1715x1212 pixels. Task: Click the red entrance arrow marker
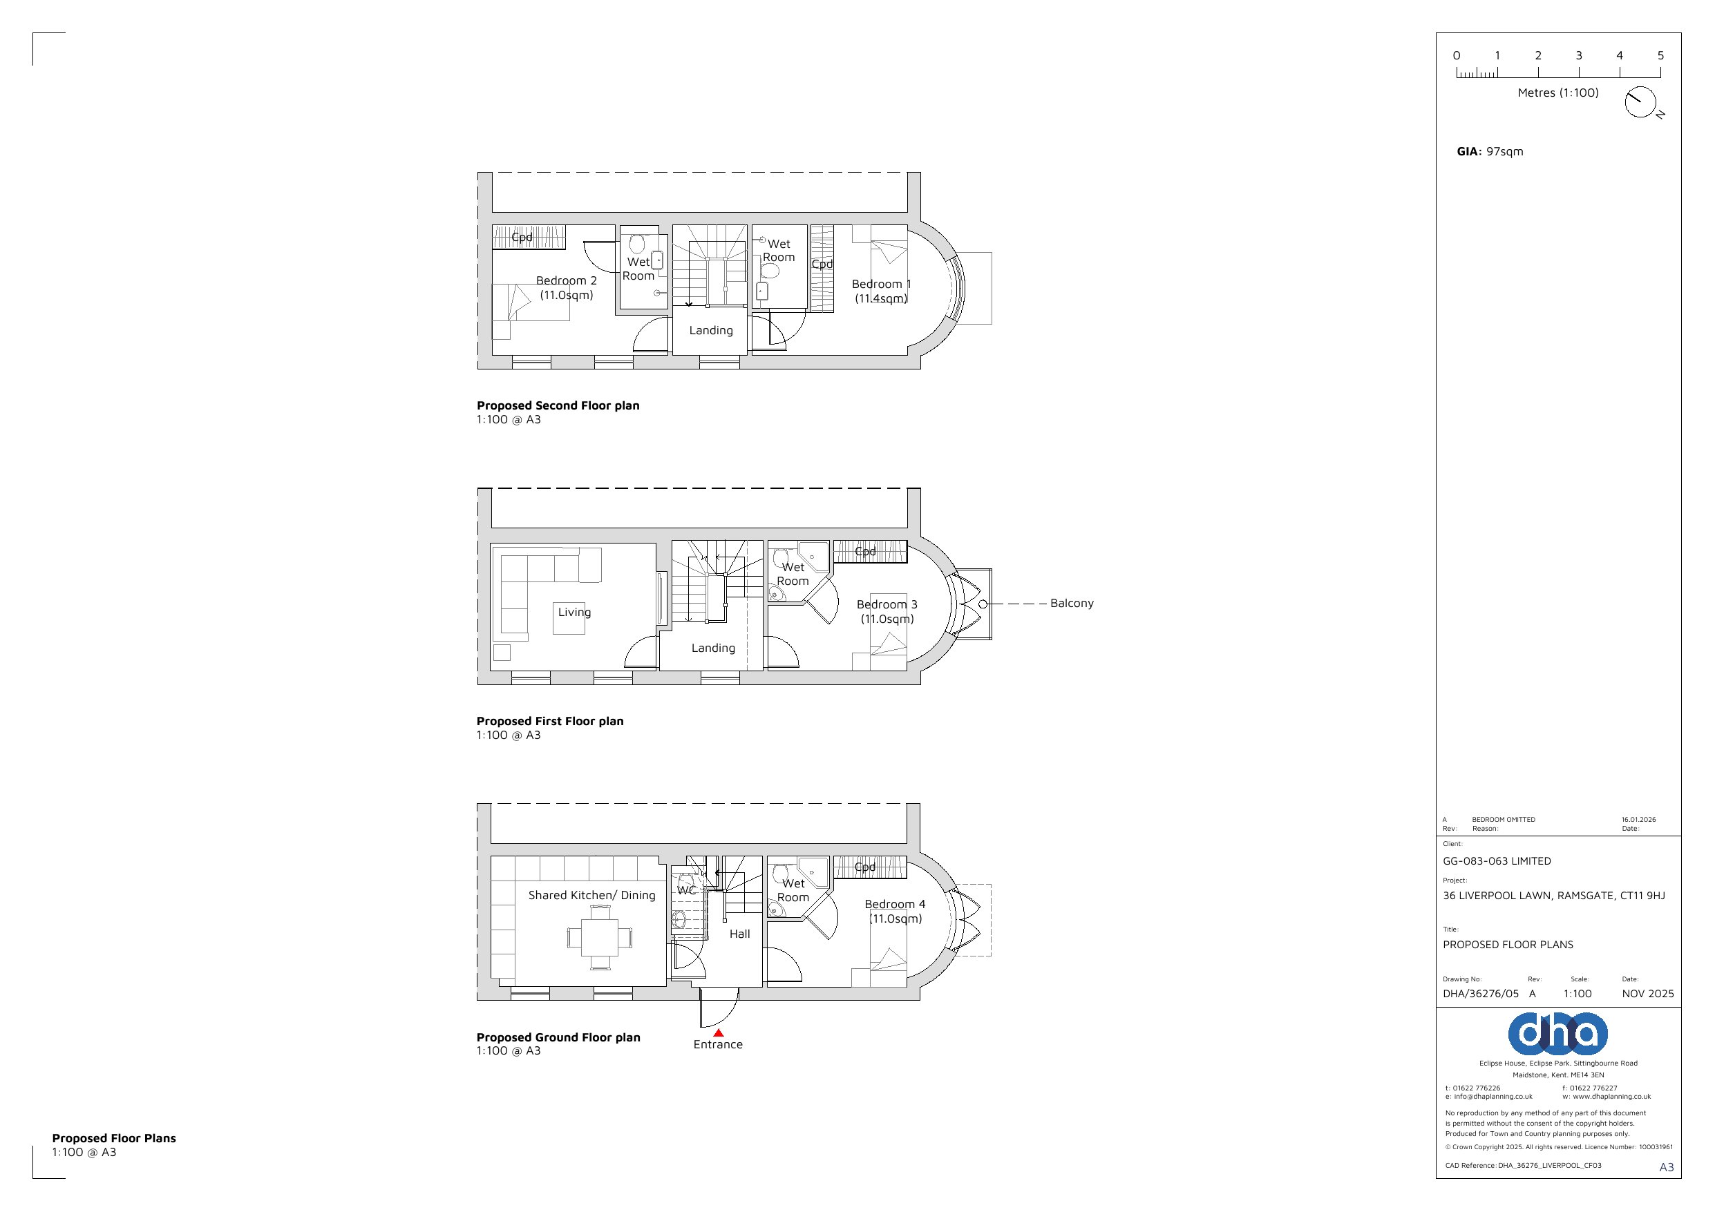coord(718,1032)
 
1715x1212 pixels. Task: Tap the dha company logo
coord(1557,1034)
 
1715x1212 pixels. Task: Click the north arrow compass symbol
coord(1640,102)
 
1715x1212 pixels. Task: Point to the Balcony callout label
coord(1071,604)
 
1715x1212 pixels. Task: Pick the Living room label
coord(574,613)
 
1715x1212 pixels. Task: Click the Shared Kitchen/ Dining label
coord(591,896)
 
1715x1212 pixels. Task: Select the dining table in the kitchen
coord(600,937)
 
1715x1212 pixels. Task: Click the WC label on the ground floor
coord(686,890)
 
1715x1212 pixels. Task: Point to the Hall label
coord(739,934)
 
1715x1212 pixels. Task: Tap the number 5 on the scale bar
coord(1660,55)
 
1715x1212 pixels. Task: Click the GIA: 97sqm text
coord(1490,152)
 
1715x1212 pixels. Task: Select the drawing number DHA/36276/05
coord(1481,994)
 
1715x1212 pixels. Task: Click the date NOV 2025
coord(1648,994)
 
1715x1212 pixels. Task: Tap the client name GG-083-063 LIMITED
coord(1496,861)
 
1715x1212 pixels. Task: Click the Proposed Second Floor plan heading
coord(558,405)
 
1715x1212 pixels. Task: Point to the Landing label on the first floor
coord(712,648)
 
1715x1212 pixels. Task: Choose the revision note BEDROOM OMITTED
coord(1503,819)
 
